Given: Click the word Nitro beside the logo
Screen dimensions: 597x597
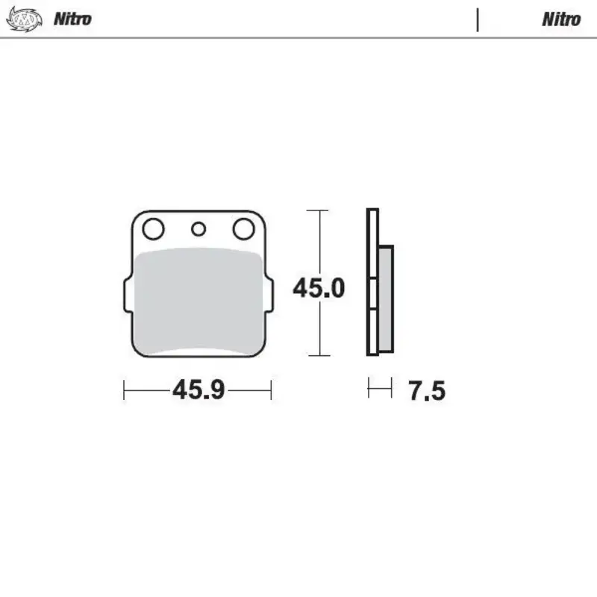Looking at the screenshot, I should pyautogui.click(x=72, y=19).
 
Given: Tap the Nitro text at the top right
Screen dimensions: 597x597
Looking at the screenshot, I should pyautogui.click(x=561, y=19).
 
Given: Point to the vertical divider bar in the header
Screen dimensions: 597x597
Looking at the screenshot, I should pyautogui.click(x=477, y=19).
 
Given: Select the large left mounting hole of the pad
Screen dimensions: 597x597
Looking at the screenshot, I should pyautogui.click(x=154, y=228).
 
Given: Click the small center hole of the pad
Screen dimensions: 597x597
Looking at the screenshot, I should pyautogui.click(x=198, y=229).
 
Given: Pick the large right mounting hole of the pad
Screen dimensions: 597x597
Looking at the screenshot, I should pyautogui.click(x=243, y=228).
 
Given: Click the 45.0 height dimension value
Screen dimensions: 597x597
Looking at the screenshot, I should pyautogui.click(x=319, y=288).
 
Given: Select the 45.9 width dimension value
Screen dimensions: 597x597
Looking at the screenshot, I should pyautogui.click(x=199, y=390).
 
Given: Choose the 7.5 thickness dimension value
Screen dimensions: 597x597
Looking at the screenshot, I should pyautogui.click(x=427, y=390).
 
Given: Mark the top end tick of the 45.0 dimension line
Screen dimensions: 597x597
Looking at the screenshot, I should pyautogui.click(x=319, y=210).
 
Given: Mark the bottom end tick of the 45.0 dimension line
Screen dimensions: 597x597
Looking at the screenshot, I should pyautogui.click(x=319, y=356).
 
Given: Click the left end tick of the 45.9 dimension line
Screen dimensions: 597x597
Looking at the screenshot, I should pyautogui.click(x=125, y=390).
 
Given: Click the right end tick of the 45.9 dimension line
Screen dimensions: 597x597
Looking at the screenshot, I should pyautogui.click(x=271, y=390).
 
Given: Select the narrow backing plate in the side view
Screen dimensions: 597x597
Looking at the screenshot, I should pyautogui.click(x=372, y=283).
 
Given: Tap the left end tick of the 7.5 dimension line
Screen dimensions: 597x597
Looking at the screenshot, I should pyautogui.click(x=369, y=388).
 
